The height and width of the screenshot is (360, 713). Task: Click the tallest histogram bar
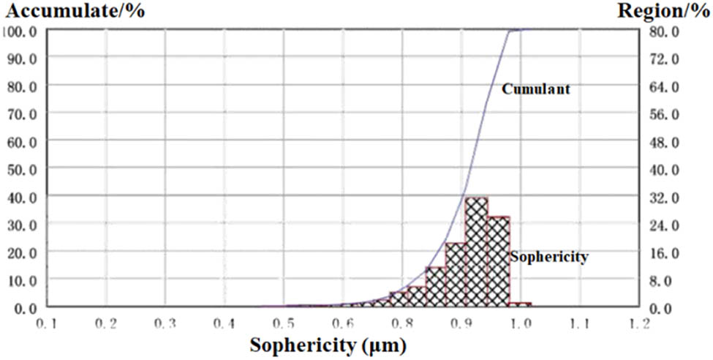point(477,252)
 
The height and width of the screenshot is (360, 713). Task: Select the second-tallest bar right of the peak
point(498,261)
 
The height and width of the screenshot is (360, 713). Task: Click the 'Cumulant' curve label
point(535,89)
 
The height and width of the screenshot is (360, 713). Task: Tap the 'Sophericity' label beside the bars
point(549,257)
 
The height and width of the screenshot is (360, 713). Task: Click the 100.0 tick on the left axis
point(23,31)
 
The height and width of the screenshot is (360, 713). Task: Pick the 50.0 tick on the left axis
point(23,169)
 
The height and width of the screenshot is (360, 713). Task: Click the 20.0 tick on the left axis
point(23,252)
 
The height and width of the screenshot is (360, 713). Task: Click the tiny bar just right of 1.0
point(520,304)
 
